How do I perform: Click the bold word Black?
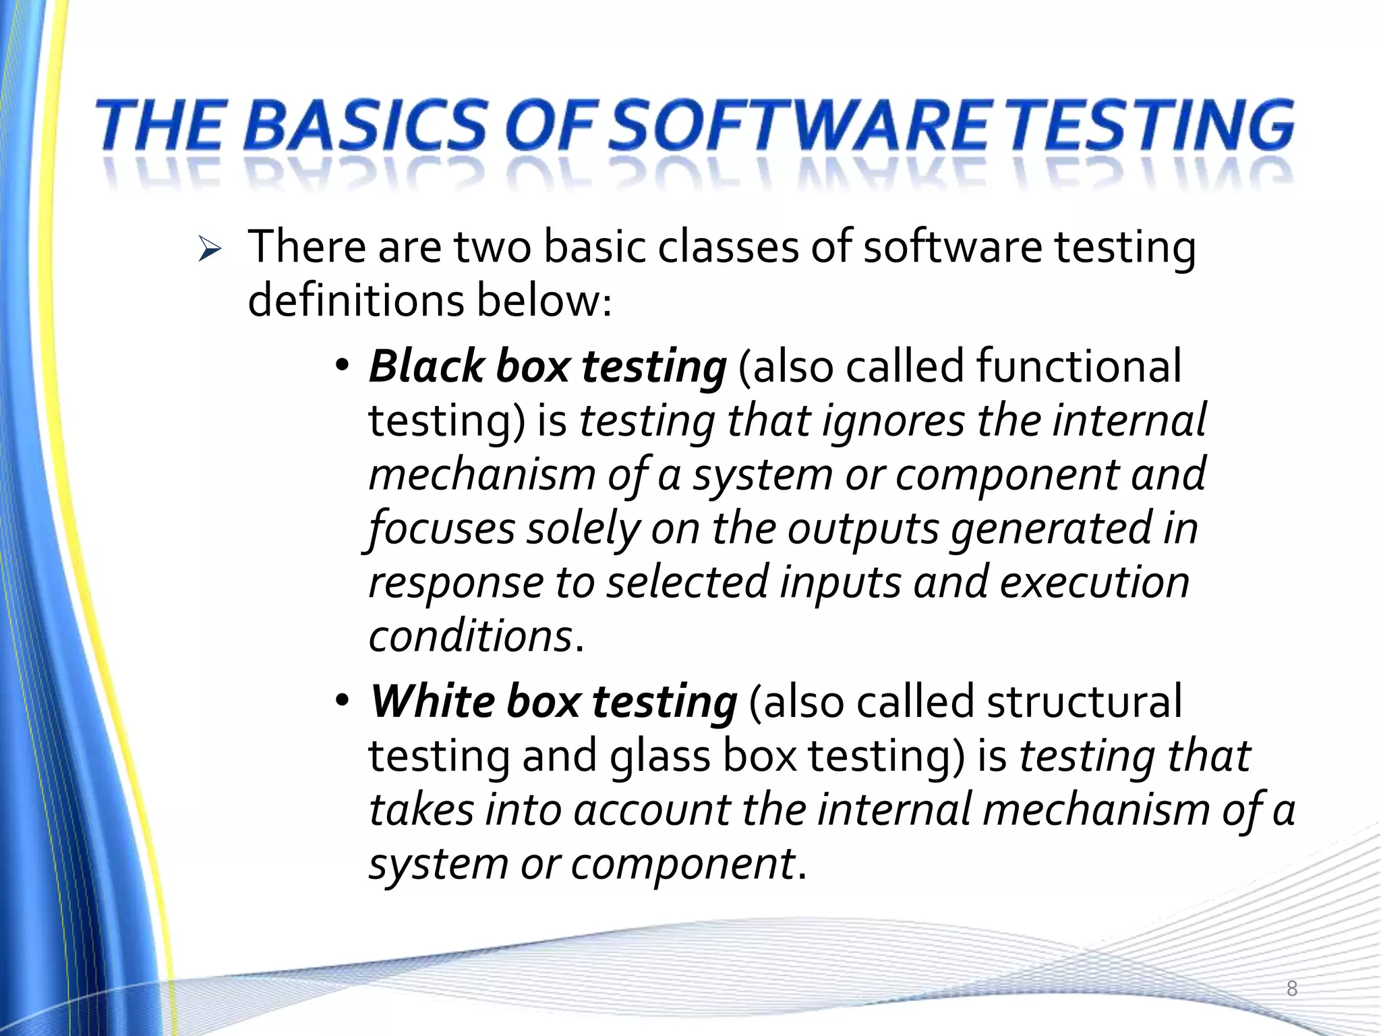tap(426, 367)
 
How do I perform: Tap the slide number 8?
tap(1291, 989)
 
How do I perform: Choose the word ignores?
tap(893, 421)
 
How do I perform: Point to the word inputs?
tap(840, 583)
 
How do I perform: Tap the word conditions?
tap(470, 637)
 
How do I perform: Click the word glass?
tap(659, 757)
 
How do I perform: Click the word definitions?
tap(355, 301)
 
